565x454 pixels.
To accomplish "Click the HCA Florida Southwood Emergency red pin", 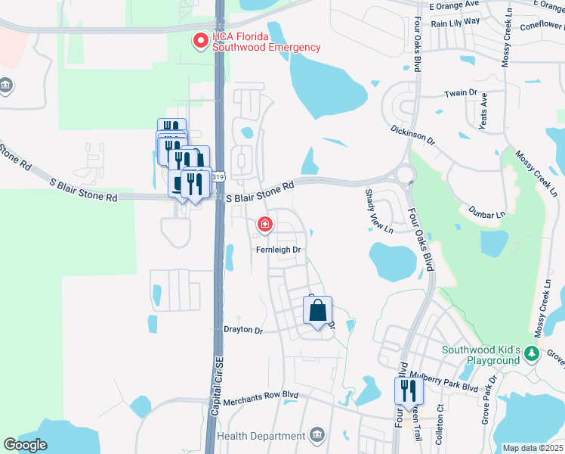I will (x=201, y=42).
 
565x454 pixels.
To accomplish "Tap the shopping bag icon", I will (x=318, y=309).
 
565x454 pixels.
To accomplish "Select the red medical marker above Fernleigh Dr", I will (x=265, y=224).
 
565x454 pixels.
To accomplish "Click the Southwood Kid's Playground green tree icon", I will (x=533, y=353).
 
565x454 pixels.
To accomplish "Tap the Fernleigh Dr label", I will (x=279, y=249).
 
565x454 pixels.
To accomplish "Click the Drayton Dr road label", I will (x=242, y=331).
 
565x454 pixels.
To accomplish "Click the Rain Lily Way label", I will (x=455, y=22).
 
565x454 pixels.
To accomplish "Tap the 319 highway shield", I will (x=218, y=177).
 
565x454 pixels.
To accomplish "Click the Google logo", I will (x=26, y=445).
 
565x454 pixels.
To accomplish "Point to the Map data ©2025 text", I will (x=533, y=448).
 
